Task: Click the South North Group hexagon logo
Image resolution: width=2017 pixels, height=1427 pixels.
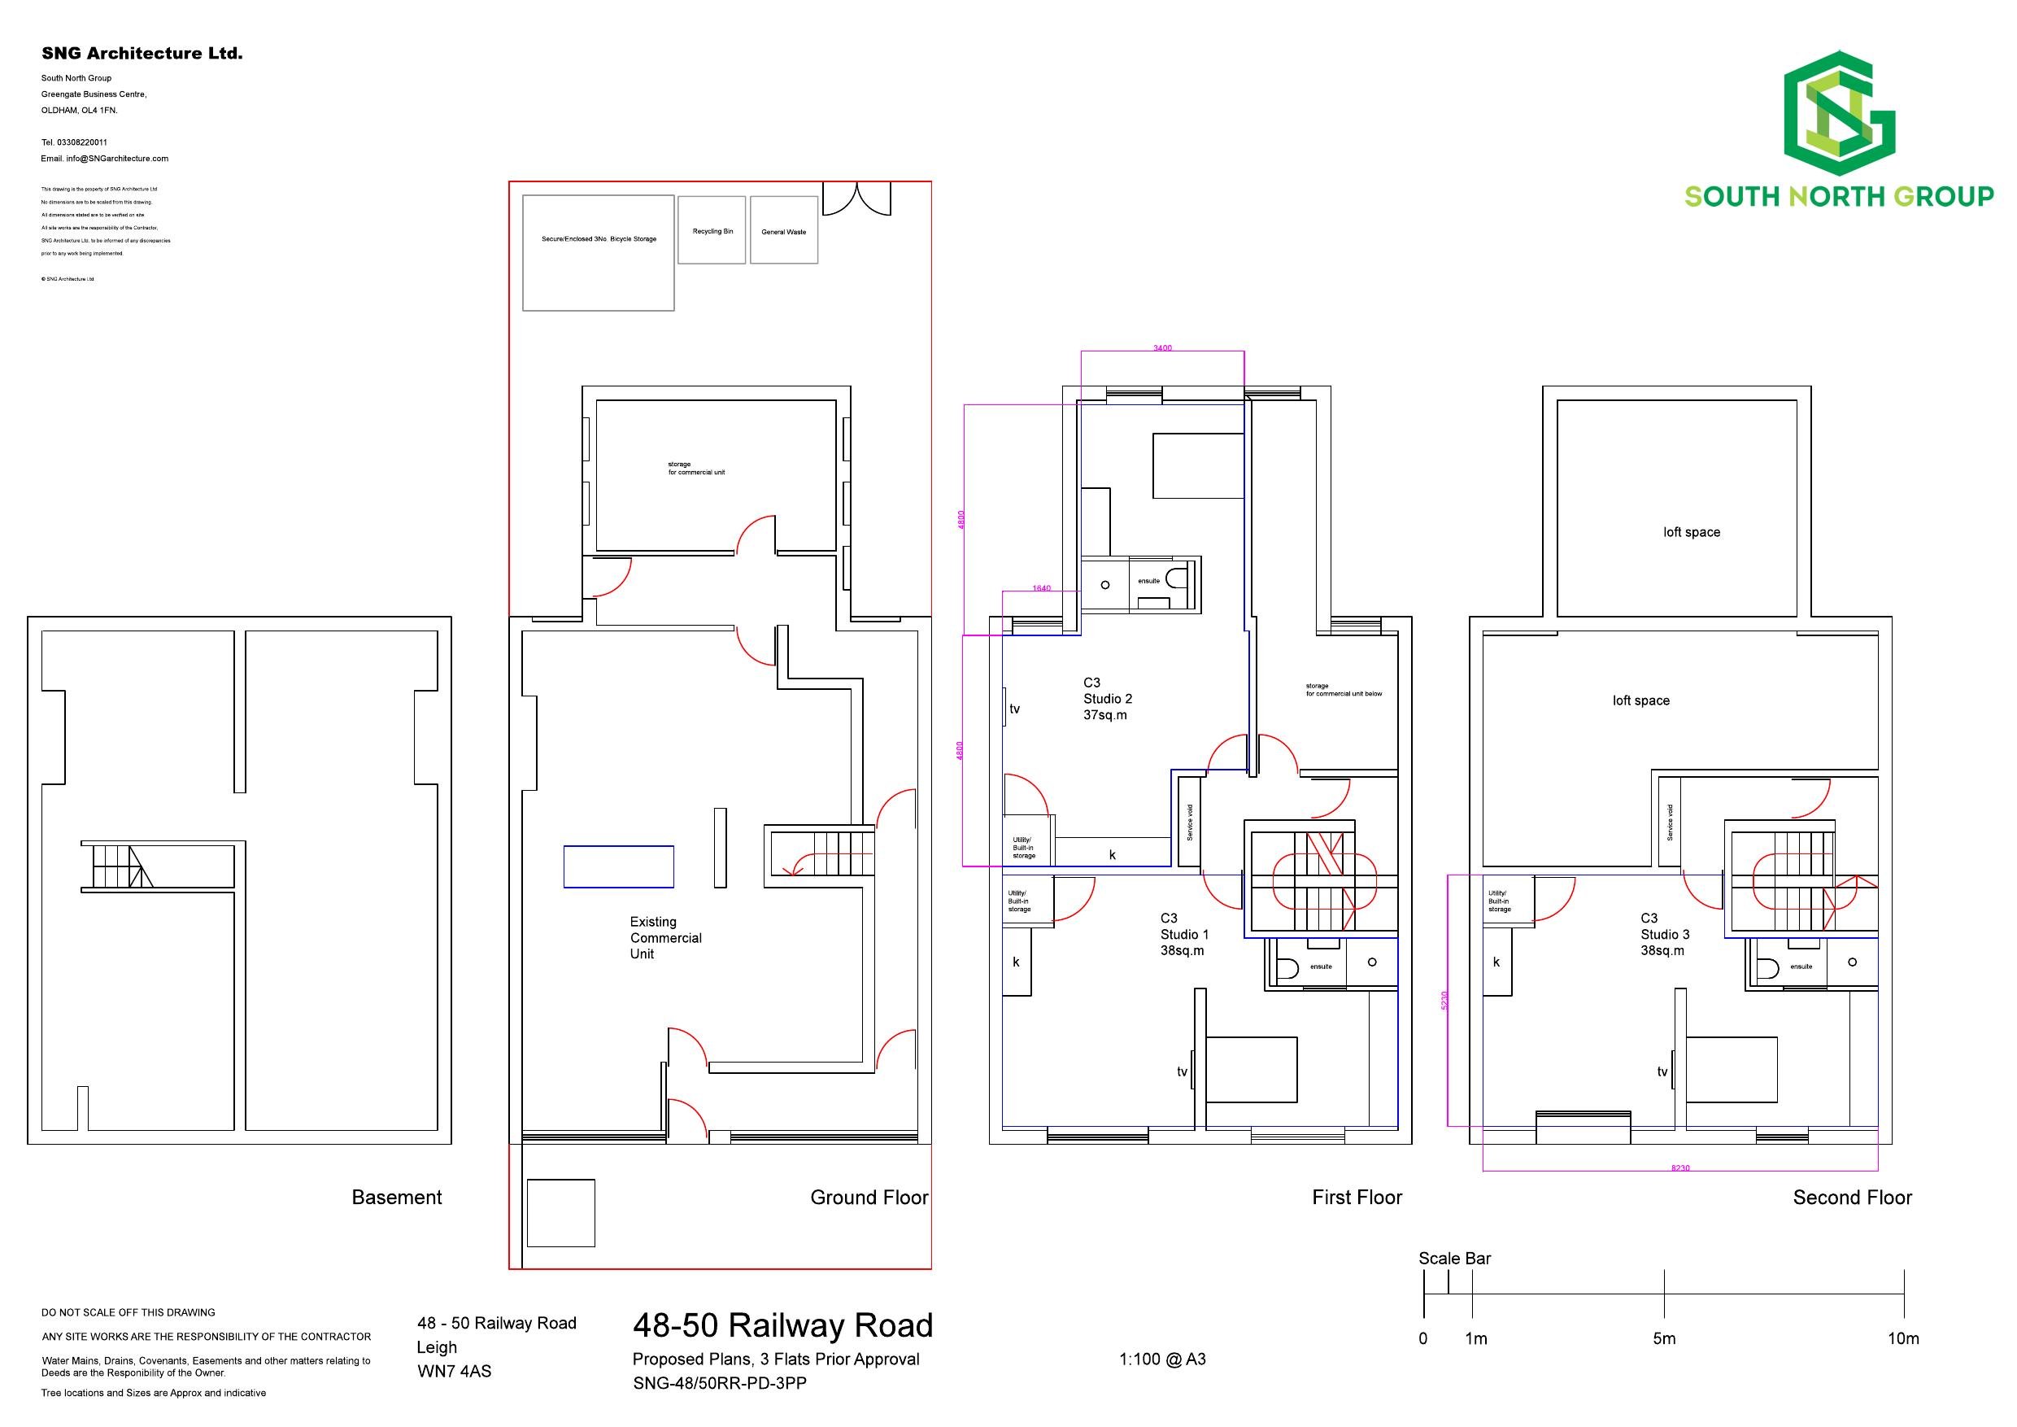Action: tap(1839, 113)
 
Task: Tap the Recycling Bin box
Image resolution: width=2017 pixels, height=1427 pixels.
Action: tap(712, 230)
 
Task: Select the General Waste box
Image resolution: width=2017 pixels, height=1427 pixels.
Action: tap(783, 231)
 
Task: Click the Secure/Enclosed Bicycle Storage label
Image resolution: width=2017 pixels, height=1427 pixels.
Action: tap(599, 239)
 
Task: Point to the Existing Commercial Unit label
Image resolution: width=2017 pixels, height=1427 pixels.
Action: tap(665, 937)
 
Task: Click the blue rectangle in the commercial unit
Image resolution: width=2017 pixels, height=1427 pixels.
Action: tap(618, 866)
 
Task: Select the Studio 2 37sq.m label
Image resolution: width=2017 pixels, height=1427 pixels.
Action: tap(1107, 699)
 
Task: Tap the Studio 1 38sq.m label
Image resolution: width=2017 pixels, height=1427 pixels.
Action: tap(1183, 934)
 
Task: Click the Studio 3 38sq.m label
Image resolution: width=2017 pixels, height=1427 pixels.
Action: tap(1664, 934)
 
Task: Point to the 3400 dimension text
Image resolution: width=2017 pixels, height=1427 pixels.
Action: tap(1161, 348)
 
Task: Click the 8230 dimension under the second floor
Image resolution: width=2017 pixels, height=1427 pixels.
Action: tap(1679, 1168)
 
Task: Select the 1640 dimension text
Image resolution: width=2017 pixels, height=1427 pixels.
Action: tap(1041, 588)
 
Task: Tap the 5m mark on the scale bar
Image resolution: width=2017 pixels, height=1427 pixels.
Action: tap(1664, 1338)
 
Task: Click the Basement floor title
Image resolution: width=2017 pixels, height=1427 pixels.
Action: tap(396, 1197)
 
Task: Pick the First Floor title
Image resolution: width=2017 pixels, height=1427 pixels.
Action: tap(1357, 1197)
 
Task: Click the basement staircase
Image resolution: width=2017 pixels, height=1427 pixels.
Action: tap(117, 866)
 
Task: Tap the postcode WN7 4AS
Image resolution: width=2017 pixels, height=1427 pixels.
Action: tap(453, 1371)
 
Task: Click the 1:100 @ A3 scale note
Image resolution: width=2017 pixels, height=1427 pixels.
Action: tap(1161, 1359)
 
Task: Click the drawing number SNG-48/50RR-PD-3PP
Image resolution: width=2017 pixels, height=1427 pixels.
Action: tap(719, 1383)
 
